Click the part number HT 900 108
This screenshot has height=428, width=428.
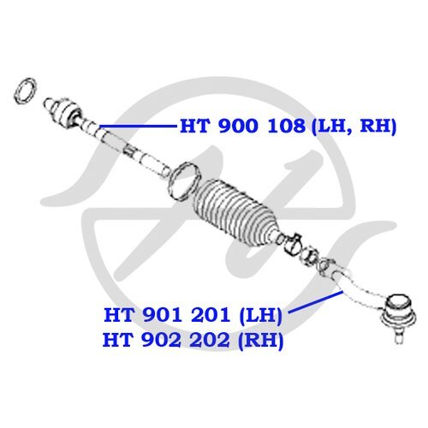(x=242, y=126)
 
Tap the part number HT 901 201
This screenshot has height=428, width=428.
(x=167, y=315)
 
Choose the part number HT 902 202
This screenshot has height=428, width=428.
(x=166, y=340)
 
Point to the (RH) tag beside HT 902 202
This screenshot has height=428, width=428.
(x=261, y=341)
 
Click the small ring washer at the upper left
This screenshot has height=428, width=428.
(x=25, y=91)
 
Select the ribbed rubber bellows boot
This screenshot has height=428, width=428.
(x=235, y=212)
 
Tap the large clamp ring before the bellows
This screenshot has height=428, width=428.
(x=185, y=181)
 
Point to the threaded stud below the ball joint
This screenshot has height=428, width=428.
(x=399, y=336)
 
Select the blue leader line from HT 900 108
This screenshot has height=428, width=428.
(x=139, y=126)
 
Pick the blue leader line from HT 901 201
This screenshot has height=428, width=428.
(x=315, y=302)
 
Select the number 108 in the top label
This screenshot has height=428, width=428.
(x=286, y=126)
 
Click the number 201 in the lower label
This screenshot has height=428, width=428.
(x=211, y=315)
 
